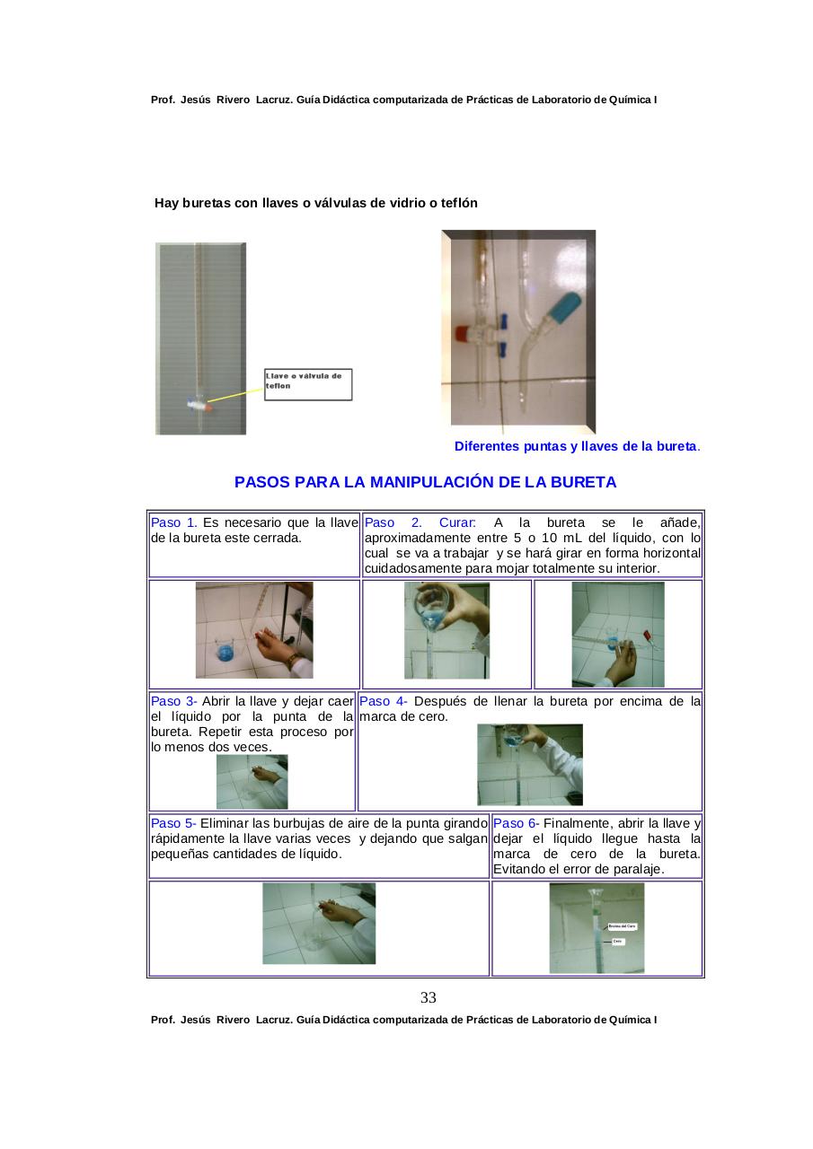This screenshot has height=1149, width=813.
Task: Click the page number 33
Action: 429,997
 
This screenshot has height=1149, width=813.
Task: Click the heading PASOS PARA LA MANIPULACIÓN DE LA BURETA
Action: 425,482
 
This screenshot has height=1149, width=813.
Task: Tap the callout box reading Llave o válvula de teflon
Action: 307,384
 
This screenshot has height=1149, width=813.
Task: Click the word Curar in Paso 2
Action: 457,522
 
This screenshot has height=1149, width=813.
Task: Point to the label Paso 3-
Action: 173,701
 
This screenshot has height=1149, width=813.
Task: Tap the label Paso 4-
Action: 383,701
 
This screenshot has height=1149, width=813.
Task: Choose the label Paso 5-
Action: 173,823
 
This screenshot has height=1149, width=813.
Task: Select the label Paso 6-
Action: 517,823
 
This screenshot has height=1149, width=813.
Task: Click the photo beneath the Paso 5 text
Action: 319,924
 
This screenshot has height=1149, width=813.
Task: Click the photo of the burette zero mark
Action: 596,928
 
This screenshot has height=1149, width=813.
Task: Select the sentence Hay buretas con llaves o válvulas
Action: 316,203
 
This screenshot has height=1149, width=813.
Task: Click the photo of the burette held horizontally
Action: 618,634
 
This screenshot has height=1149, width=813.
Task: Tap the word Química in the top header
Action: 631,99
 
